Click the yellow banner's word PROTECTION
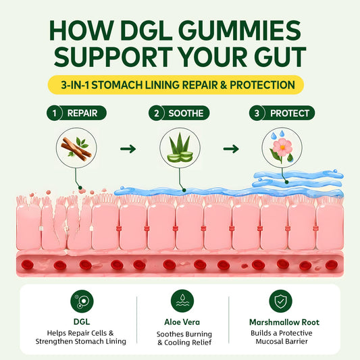(x=263, y=85)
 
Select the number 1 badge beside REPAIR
(x=54, y=113)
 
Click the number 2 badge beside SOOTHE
(x=156, y=113)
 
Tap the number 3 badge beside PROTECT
(x=257, y=113)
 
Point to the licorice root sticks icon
(x=76, y=148)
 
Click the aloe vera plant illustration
(x=180, y=148)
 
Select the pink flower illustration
(x=282, y=147)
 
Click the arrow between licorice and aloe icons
(x=128, y=149)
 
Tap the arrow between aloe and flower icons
(x=231, y=149)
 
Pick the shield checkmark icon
(x=280, y=301)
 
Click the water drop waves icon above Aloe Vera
(x=182, y=301)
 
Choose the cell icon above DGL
(x=82, y=301)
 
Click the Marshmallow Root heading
(x=284, y=322)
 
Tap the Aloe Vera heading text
(x=182, y=322)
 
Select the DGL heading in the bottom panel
(x=82, y=322)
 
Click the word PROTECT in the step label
(x=290, y=113)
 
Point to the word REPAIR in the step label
(x=82, y=113)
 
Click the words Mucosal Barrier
(x=282, y=341)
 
